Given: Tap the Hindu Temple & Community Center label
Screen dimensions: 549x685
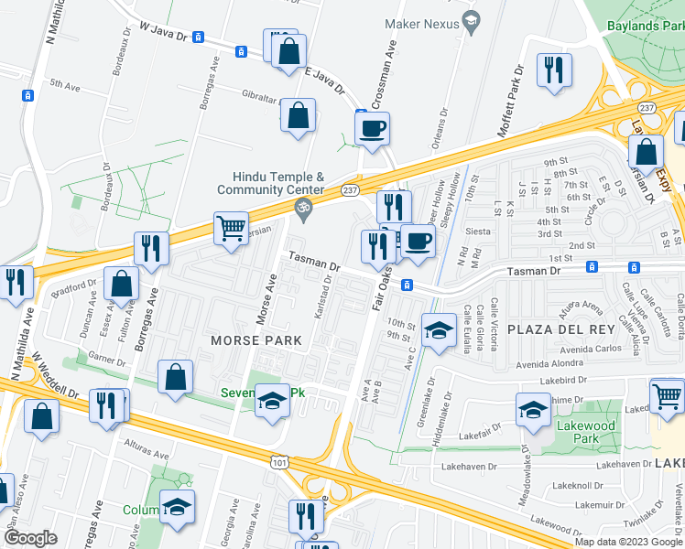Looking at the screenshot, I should click(270, 183).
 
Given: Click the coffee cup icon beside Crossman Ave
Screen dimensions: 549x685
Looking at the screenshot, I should click(373, 129).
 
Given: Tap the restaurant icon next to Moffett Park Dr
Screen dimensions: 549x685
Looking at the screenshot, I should click(554, 70).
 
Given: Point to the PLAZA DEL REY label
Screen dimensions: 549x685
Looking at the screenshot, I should click(547, 329).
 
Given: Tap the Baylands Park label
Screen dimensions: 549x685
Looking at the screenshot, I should click(645, 27).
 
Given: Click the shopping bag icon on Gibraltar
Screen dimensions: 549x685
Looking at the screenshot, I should click(298, 116).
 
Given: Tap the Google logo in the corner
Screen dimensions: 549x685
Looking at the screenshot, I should click(31, 538).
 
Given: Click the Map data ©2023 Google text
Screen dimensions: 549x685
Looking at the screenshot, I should click(627, 542).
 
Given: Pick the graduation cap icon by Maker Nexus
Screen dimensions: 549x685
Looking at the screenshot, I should click(471, 20).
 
